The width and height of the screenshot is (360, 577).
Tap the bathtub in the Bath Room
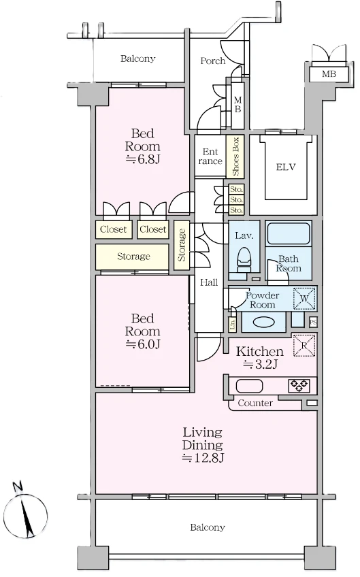click(289, 233)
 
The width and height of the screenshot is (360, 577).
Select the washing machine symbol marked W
click(304, 299)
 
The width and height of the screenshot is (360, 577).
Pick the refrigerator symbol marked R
click(304, 345)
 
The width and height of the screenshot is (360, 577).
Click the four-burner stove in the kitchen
click(299, 386)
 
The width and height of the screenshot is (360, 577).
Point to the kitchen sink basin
click(249, 386)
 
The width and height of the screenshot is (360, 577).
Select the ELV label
click(286, 167)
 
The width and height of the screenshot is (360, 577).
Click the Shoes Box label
click(235, 156)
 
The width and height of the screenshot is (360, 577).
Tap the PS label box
click(313, 323)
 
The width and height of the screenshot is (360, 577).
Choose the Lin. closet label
click(232, 324)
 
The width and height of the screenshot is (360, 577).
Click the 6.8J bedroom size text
click(143, 159)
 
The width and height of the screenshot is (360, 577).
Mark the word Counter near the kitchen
click(255, 403)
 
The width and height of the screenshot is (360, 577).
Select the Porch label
click(213, 61)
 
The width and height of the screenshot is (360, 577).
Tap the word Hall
click(209, 282)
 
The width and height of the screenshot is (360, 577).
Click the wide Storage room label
click(133, 257)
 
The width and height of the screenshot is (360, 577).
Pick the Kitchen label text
click(260, 351)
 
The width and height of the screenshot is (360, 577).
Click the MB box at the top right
click(329, 74)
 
